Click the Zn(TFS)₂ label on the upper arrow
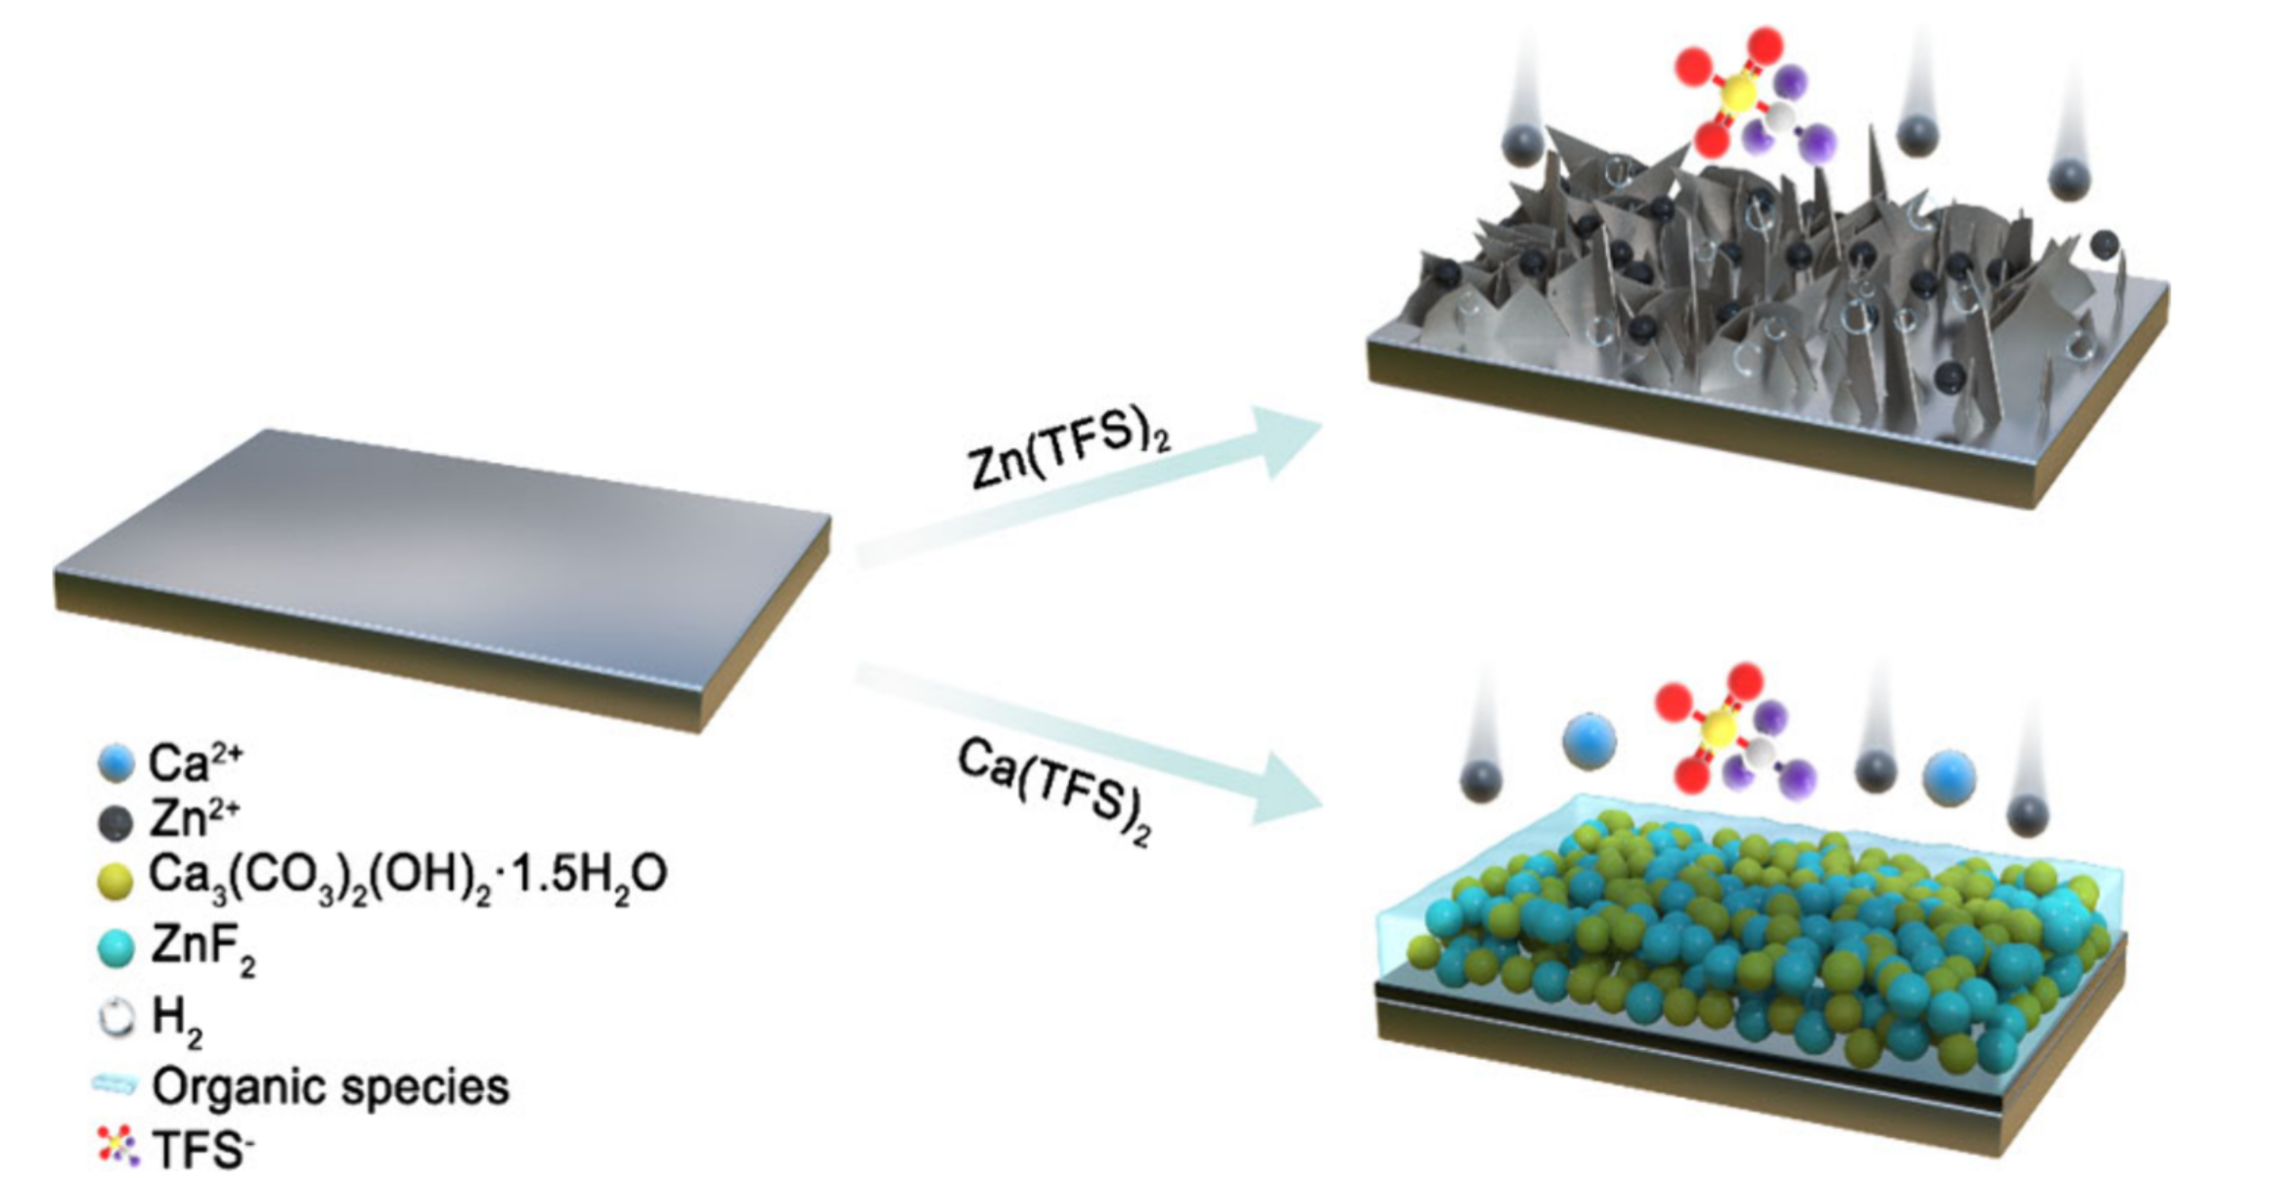tap(1069, 451)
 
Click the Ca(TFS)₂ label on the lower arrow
tap(1054, 789)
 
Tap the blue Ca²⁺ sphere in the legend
tap(115, 762)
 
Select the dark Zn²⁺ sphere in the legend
tap(115, 822)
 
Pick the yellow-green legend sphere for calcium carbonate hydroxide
tap(115, 880)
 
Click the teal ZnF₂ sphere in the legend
tap(115, 947)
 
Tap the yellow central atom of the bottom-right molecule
tap(1719, 728)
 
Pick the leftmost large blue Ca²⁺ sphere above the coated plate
tap(1588, 741)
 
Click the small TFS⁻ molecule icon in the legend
tap(117, 1146)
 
